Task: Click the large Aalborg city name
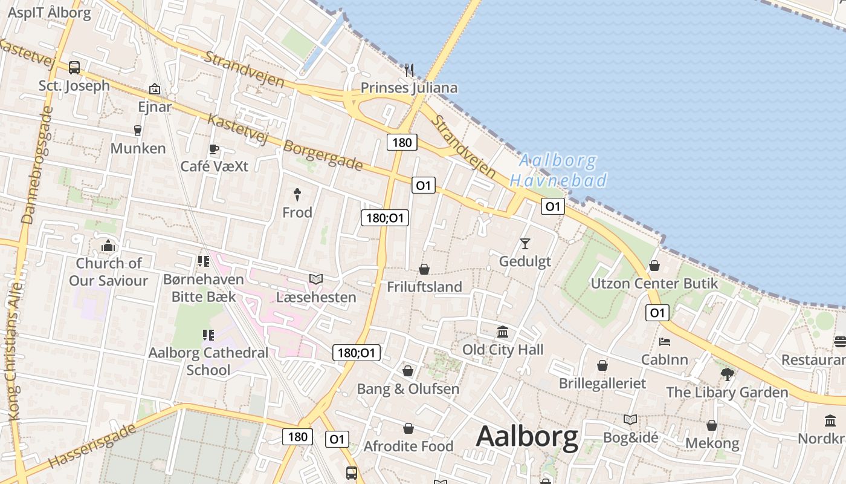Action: (x=527, y=437)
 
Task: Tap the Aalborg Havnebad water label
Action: (x=558, y=171)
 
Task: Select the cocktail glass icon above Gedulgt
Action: (x=525, y=244)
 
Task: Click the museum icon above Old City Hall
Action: (x=502, y=332)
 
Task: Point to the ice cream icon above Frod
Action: (x=297, y=194)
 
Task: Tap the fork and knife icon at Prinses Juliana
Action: (x=409, y=70)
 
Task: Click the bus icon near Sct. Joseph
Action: (x=74, y=68)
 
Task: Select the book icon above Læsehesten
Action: (x=315, y=279)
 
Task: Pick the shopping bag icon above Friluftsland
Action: (x=424, y=269)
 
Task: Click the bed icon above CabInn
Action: (x=665, y=342)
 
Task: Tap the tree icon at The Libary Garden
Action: (x=727, y=374)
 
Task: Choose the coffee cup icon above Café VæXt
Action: (x=213, y=149)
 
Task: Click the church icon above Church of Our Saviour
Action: (x=108, y=246)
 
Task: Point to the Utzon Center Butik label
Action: (x=654, y=283)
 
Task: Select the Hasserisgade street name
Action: (x=92, y=446)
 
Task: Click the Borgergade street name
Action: (x=323, y=155)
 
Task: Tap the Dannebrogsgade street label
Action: (x=36, y=166)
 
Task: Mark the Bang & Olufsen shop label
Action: (x=408, y=388)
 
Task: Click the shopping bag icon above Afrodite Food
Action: (x=408, y=428)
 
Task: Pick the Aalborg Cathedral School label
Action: (x=208, y=361)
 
